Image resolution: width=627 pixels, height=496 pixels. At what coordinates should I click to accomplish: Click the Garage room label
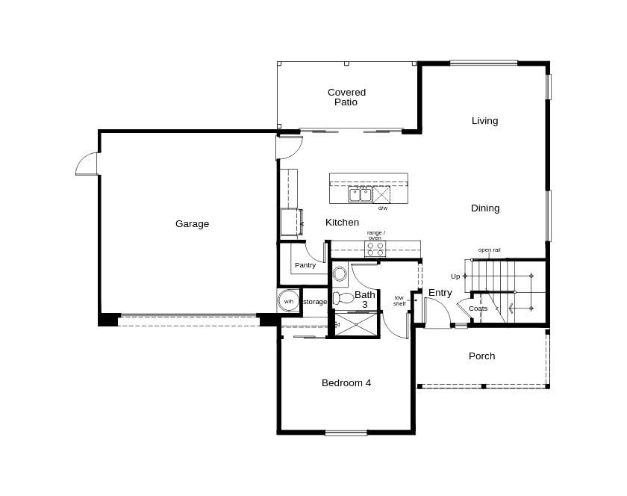click(192, 223)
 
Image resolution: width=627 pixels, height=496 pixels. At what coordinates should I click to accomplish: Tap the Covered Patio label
click(346, 97)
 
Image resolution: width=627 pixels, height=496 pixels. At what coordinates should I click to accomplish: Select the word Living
click(484, 120)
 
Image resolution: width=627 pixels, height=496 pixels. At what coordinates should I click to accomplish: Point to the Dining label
click(485, 208)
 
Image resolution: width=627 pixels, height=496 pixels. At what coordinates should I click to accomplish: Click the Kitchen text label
click(342, 222)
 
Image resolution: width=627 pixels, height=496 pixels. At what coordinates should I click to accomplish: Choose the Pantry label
click(305, 265)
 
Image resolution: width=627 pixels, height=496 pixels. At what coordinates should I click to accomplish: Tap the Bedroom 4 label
click(346, 382)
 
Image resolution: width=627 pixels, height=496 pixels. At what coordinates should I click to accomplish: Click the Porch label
click(481, 356)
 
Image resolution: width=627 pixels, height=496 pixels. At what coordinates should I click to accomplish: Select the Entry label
click(440, 293)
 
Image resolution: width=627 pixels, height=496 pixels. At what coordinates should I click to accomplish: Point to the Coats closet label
click(478, 309)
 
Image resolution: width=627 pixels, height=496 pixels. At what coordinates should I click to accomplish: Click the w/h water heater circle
click(288, 301)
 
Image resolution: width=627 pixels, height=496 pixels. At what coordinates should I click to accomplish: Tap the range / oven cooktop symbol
click(375, 249)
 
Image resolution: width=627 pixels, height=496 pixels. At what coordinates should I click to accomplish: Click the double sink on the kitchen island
click(360, 195)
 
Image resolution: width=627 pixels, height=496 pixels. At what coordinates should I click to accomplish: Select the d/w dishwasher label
click(382, 208)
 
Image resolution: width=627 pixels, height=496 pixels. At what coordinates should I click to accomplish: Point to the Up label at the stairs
click(455, 276)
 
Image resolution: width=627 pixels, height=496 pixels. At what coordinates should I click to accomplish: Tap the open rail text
click(489, 249)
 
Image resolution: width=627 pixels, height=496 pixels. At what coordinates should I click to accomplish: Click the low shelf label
click(399, 300)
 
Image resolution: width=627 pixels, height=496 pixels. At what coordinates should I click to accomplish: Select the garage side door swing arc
click(86, 164)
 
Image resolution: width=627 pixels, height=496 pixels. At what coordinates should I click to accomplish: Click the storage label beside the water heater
click(315, 302)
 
